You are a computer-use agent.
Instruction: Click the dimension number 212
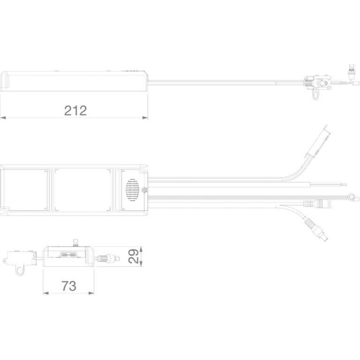(x=75, y=111)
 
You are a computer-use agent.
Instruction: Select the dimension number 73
(x=69, y=286)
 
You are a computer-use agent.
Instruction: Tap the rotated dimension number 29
(x=134, y=256)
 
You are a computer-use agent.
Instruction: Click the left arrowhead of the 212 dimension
(x=3, y=118)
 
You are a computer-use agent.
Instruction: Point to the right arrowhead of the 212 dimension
(x=145, y=118)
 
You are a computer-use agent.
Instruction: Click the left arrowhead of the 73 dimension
(x=46, y=293)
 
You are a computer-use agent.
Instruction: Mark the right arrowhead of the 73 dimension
(x=91, y=293)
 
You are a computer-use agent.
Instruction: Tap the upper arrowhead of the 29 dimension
(x=141, y=249)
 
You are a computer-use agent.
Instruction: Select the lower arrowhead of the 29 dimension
(x=141, y=263)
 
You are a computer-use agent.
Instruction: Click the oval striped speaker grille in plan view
(x=133, y=190)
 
